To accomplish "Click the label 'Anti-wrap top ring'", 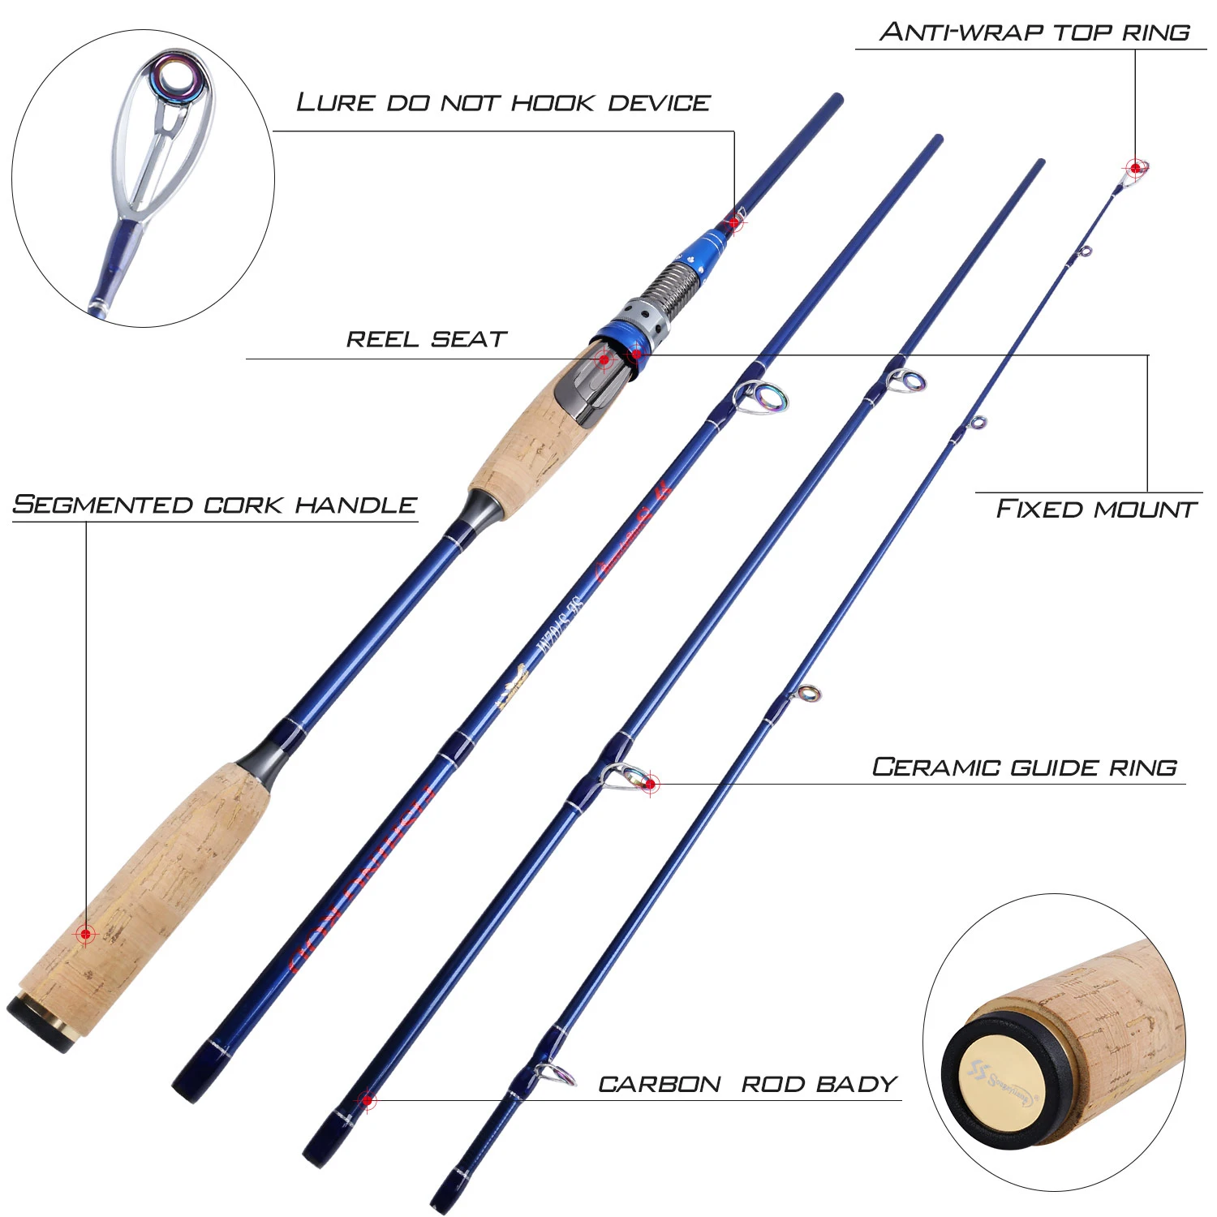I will click(x=1034, y=32).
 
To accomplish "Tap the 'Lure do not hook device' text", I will click(x=503, y=103).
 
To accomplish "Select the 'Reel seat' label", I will click(x=427, y=339).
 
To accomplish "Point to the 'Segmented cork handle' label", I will click(x=215, y=505).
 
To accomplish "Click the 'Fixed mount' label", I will click(x=1096, y=510).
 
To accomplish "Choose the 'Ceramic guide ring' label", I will click(x=1024, y=768).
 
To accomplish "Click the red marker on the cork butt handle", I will click(x=86, y=934).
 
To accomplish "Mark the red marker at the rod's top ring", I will click(x=1136, y=168).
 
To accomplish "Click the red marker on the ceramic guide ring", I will click(x=650, y=784).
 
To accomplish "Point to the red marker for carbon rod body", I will click(x=368, y=1101).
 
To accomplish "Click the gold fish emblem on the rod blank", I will click(x=513, y=686).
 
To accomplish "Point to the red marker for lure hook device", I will click(x=735, y=221).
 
